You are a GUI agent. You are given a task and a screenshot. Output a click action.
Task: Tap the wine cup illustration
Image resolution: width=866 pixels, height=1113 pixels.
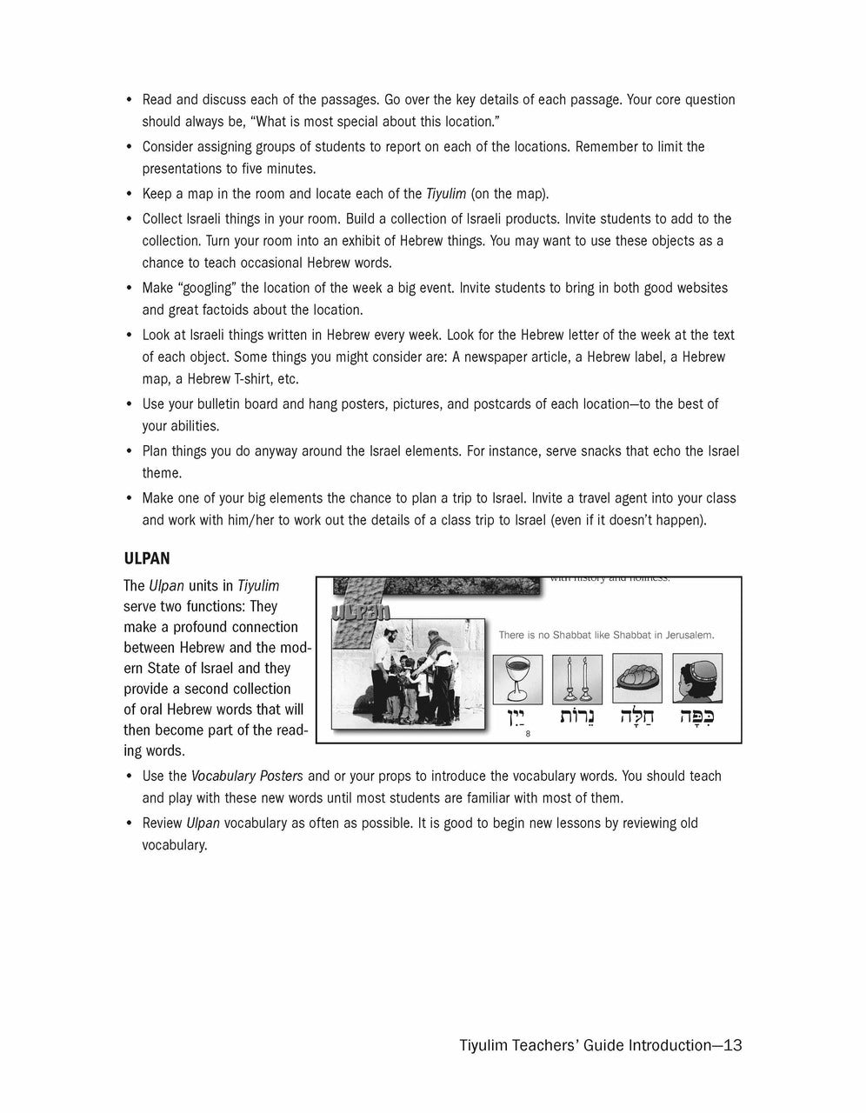tap(517, 679)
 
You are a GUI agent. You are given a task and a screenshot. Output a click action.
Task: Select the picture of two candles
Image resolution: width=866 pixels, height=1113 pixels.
tap(576, 679)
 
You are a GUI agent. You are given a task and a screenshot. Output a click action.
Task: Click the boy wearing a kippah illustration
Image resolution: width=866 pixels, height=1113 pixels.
tap(694, 679)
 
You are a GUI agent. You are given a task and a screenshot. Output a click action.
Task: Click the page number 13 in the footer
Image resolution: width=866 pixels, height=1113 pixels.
tap(732, 1045)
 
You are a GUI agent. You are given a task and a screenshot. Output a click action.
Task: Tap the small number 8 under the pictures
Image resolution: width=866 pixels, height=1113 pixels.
tap(528, 735)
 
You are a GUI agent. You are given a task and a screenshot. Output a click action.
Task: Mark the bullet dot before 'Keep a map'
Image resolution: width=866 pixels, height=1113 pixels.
tap(130, 194)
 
